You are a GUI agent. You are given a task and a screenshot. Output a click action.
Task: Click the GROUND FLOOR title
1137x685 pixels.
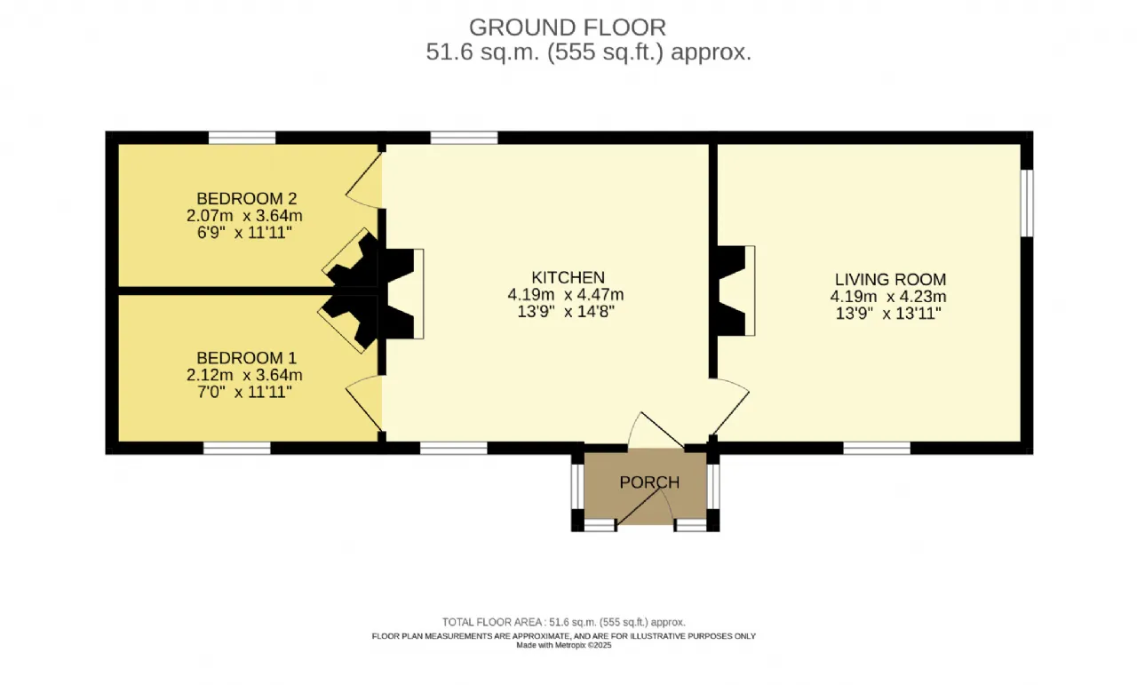(x=567, y=28)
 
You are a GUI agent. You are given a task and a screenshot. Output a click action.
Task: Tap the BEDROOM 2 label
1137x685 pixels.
(x=246, y=198)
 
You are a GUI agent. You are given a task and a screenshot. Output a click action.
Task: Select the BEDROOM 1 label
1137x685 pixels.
(x=246, y=357)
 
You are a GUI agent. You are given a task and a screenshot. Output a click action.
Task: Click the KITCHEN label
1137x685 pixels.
(x=568, y=277)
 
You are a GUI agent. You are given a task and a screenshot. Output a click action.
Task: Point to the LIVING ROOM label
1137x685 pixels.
(x=890, y=279)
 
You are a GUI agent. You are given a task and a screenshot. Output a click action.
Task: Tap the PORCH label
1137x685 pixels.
(x=649, y=482)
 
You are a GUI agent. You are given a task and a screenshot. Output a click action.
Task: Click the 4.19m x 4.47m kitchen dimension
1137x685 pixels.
(x=566, y=294)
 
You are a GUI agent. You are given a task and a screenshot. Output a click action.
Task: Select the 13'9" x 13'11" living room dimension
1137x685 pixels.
(x=888, y=314)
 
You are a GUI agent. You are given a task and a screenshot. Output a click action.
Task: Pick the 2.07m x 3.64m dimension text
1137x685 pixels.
(x=244, y=215)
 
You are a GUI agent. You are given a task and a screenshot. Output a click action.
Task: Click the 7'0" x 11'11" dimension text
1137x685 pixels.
(x=244, y=392)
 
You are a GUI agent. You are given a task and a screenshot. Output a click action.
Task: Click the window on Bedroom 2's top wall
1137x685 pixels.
(x=243, y=138)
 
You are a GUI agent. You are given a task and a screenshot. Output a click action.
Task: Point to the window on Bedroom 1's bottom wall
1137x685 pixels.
(x=237, y=448)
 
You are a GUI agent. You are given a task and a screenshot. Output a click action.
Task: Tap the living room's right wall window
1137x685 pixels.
(x=1027, y=203)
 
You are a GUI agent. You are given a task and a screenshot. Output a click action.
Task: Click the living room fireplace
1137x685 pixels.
(x=735, y=291)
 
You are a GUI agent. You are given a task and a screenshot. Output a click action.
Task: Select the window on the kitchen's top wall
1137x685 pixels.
(x=464, y=138)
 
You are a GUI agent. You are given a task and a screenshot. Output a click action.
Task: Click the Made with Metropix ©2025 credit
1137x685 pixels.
(x=564, y=645)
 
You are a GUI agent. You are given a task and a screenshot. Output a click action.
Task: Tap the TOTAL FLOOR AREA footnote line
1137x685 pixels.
(x=564, y=622)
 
